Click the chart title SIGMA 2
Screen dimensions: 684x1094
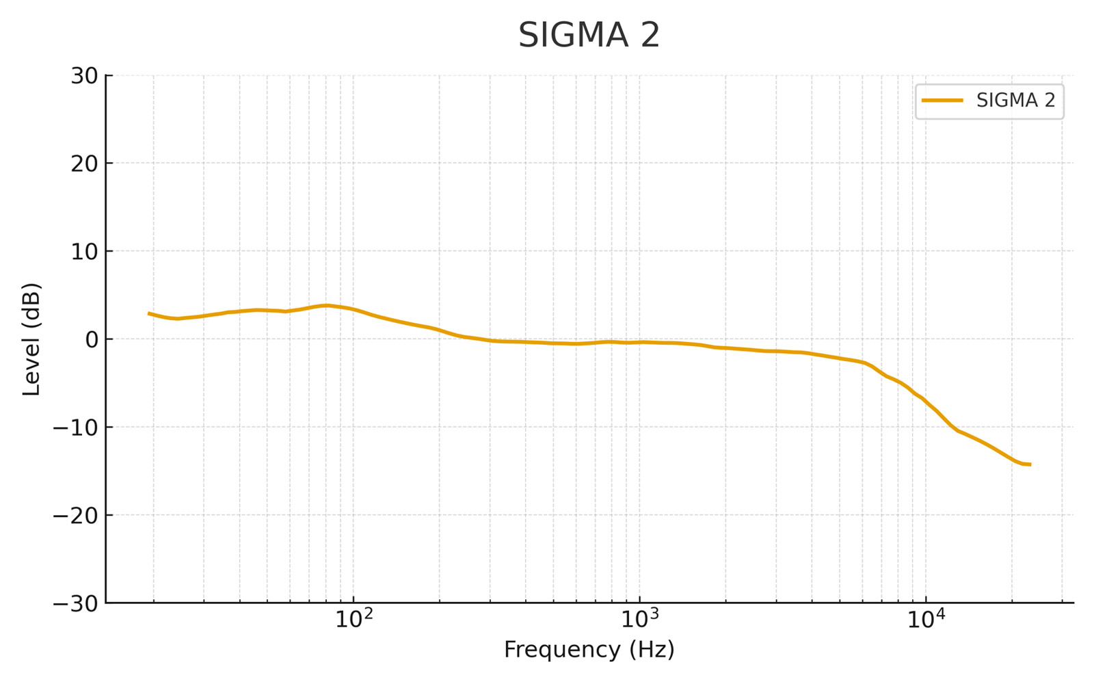tap(589, 36)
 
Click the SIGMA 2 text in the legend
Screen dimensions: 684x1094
tap(1015, 101)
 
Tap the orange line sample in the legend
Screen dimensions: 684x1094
tap(942, 101)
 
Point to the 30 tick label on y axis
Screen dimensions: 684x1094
tap(84, 76)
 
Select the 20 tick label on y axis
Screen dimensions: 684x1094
tap(84, 163)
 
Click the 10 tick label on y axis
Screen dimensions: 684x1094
tap(84, 252)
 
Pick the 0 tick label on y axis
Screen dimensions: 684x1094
tap(91, 339)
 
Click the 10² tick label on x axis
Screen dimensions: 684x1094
tap(353, 620)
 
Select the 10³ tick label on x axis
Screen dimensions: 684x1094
tap(639, 620)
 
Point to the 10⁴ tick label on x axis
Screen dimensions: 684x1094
tap(925, 620)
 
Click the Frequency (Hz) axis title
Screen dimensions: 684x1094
tap(589, 650)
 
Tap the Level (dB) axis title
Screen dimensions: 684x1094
tap(32, 339)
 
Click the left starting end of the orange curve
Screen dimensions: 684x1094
tap(149, 313)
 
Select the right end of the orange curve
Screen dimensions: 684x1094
tap(1030, 464)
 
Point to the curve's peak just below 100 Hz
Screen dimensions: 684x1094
tap(327, 305)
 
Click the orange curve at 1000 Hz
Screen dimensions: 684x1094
tap(639, 342)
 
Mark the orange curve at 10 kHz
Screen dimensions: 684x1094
tap(925, 400)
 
